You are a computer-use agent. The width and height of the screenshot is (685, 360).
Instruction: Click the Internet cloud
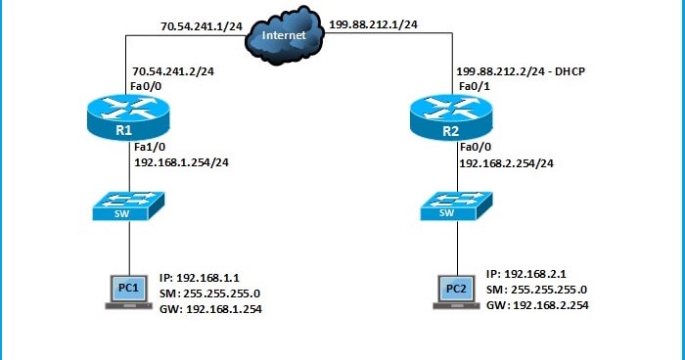point(285,35)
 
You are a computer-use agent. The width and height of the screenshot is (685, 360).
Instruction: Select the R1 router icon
point(128,117)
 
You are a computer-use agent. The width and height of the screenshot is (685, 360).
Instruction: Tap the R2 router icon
point(451,117)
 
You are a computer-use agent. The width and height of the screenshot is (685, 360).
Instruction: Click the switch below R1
point(128,205)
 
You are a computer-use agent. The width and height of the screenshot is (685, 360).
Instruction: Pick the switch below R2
point(456,205)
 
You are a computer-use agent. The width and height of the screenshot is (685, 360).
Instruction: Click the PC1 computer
point(129,292)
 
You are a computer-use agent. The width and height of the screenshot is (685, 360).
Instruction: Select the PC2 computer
point(457,292)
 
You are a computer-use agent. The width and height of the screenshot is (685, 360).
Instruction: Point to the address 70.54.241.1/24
point(202,26)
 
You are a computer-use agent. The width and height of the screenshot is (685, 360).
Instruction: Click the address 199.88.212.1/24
point(373,24)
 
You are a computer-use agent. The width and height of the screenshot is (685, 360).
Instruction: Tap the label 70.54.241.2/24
point(173,71)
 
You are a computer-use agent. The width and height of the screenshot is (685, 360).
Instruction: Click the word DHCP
point(570,71)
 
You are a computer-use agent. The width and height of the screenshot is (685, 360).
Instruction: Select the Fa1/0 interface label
point(150,147)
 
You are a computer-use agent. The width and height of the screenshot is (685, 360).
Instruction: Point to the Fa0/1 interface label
point(475,86)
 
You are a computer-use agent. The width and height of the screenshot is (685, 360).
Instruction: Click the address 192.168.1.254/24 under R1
point(181,162)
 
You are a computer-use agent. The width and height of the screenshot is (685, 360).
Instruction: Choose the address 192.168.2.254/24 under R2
point(506,163)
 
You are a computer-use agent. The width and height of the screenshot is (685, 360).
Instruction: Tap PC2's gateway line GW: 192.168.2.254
point(537,305)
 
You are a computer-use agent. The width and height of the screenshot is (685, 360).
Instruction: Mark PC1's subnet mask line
point(209,293)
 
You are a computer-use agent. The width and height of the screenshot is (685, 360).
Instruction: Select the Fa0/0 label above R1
point(146,86)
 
